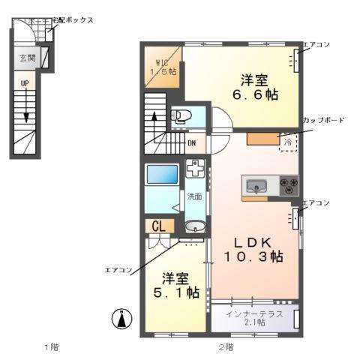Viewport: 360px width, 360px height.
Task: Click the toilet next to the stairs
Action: click(181, 117)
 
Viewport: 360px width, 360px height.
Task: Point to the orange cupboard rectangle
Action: click(262, 139)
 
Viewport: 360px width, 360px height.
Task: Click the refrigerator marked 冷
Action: click(288, 140)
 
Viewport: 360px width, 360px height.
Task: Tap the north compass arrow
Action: click(118, 318)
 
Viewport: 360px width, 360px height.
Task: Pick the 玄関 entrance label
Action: click(27, 58)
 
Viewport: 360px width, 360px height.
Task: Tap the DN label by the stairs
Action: click(192, 143)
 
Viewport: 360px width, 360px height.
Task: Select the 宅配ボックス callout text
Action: click(70, 20)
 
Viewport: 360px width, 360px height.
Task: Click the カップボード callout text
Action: click(323, 120)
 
